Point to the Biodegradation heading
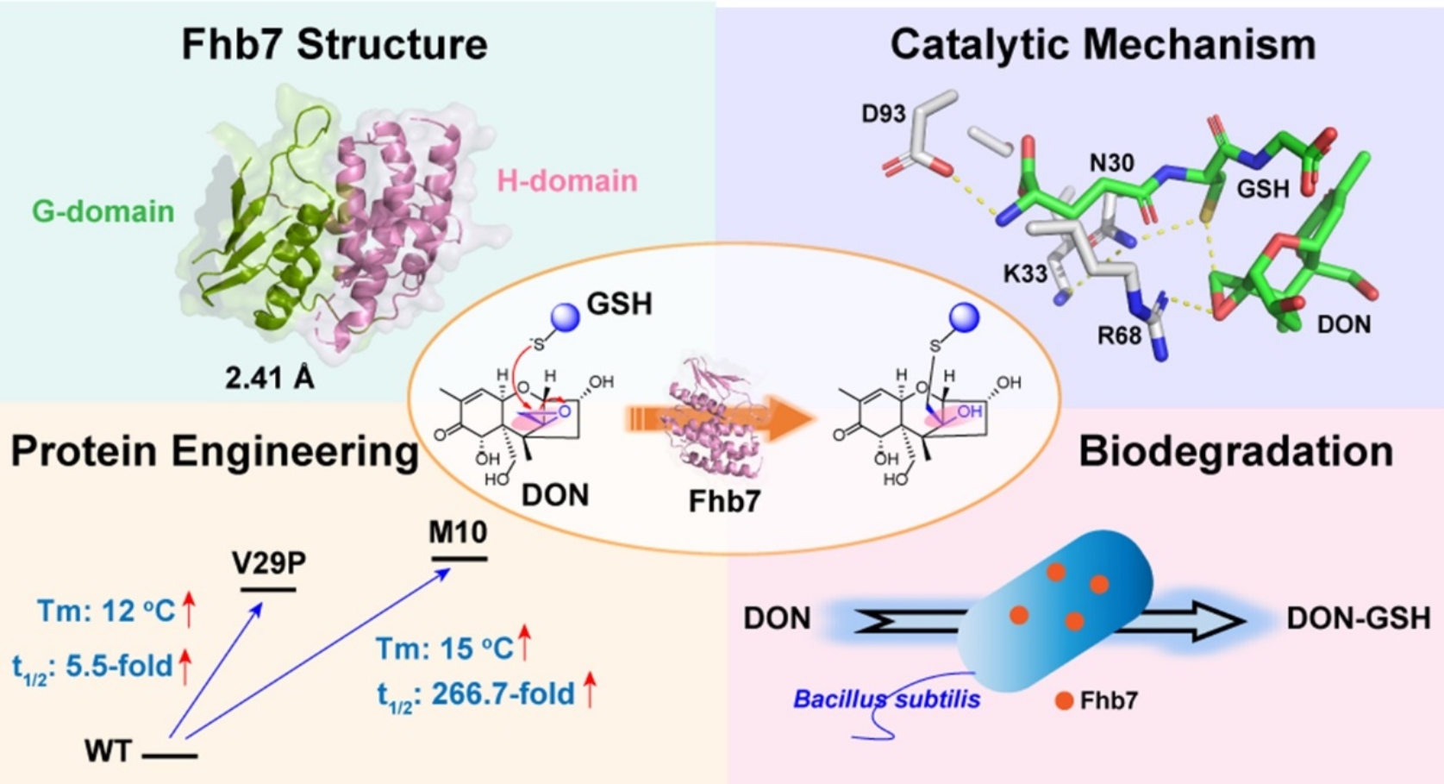(x=1235, y=452)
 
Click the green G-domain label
(x=103, y=211)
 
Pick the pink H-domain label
(x=566, y=181)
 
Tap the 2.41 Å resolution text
(x=269, y=377)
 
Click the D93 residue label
(x=883, y=114)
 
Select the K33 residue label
(x=1025, y=274)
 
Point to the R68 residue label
(x=1119, y=336)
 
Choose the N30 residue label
(x=1111, y=162)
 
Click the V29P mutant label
(x=268, y=563)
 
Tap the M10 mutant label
(x=458, y=532)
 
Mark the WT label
(x=108, y=751)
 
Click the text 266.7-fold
(x=503, y=693)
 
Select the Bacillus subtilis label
(x=886, y=699)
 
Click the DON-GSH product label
(x=1358, y=618)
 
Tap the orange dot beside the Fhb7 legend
(x=1064, y=701)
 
